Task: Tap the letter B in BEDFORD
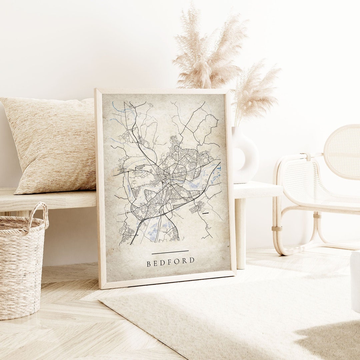click(x=149, y=264)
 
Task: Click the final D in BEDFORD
click(x=192, y=260)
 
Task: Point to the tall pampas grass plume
click(x=208, y=50)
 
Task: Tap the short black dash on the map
click(x=206, y=213)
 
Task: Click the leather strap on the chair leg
click(x=277, y=229)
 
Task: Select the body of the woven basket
click(x=20, y=273)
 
